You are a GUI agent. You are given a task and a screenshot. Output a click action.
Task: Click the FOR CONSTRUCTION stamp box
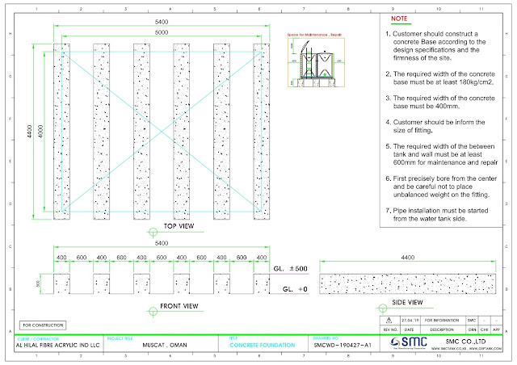pos(43,325)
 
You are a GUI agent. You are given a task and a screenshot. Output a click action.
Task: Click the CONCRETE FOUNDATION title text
pos(263,345)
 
